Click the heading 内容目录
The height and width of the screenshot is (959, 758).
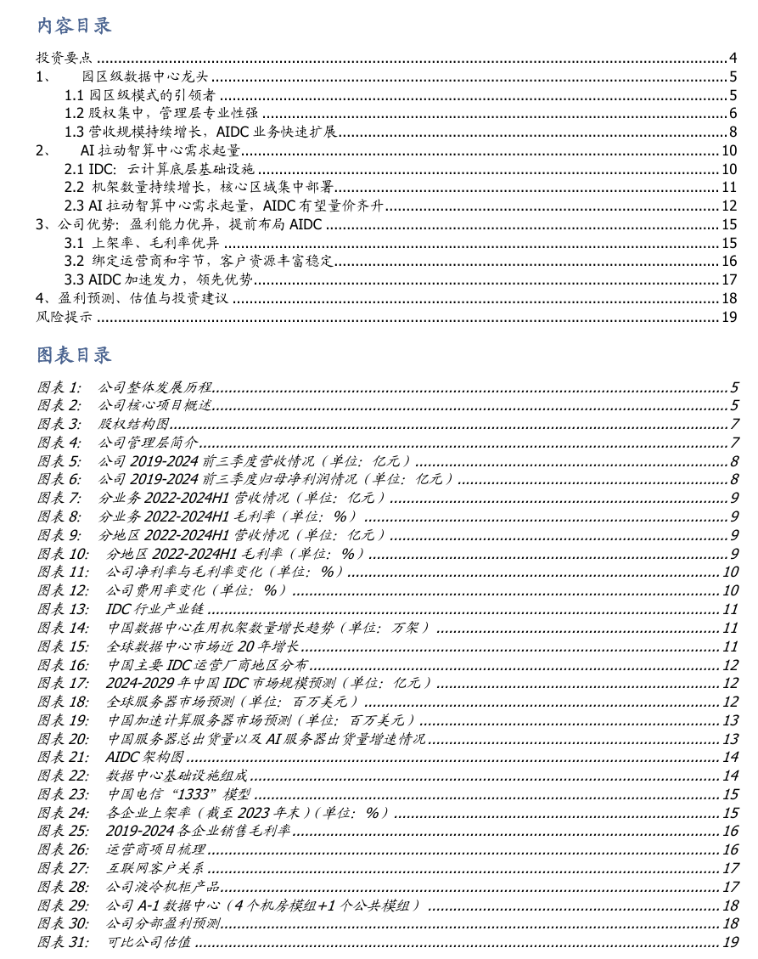(x=74, y=25)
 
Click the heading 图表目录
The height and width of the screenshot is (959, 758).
(x=74, y=353)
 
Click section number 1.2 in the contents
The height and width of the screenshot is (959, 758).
(x=75, y=114)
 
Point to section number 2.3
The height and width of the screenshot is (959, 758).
(x=75, y=206)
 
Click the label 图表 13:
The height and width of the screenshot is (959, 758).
(x=63, y=609)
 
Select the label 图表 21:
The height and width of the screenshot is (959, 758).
(x=63, y=757)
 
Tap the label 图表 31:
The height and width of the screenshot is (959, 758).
(x=63, y=942)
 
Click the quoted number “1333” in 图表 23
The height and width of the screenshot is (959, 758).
(x=199, y=794)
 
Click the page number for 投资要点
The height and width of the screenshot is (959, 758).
(x=733, y=59)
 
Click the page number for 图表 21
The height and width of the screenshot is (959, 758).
(x=731, y=757)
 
